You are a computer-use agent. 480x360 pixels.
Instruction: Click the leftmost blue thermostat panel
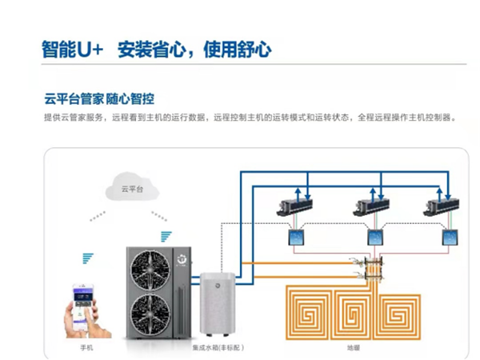[294, 238]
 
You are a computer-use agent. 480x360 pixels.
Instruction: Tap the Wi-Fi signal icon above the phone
[87, 258]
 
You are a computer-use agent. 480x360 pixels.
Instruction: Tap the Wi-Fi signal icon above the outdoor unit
[166, 235]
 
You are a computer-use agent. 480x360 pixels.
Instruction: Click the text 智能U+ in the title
[73, 49]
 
